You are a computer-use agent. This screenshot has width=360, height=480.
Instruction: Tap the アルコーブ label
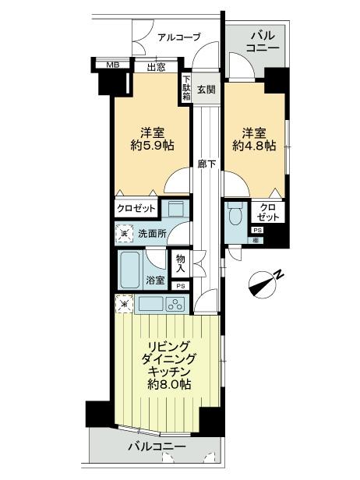click(x=178, y=37)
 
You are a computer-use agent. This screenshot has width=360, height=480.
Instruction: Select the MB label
click(x=112, y=66)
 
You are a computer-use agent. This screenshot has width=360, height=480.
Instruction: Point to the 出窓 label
click(x=155, y=67)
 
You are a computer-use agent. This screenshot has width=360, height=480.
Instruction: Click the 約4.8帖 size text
click(x=253, y=145)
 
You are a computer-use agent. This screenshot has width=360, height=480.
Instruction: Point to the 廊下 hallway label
click(x=206, y=164)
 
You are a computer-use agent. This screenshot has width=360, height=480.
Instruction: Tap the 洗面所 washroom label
click(x=152, y=232)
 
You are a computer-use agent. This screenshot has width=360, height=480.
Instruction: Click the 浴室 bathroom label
click(x=155, y=280)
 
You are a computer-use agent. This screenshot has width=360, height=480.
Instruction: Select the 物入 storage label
click(x=181, y=264)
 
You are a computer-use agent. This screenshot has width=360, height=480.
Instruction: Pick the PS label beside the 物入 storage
click(x=181, y=286)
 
